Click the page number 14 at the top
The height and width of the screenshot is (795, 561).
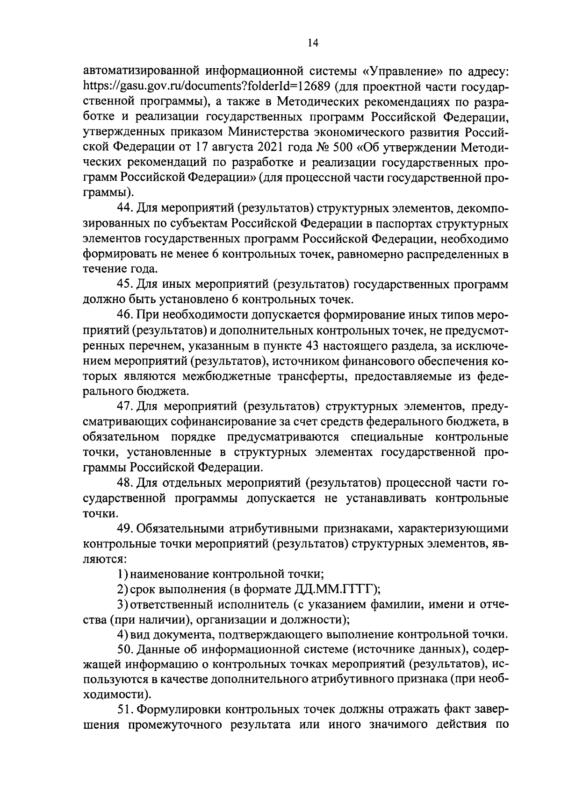coord(313,43)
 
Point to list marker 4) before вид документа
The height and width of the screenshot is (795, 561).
coord(122,634)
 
